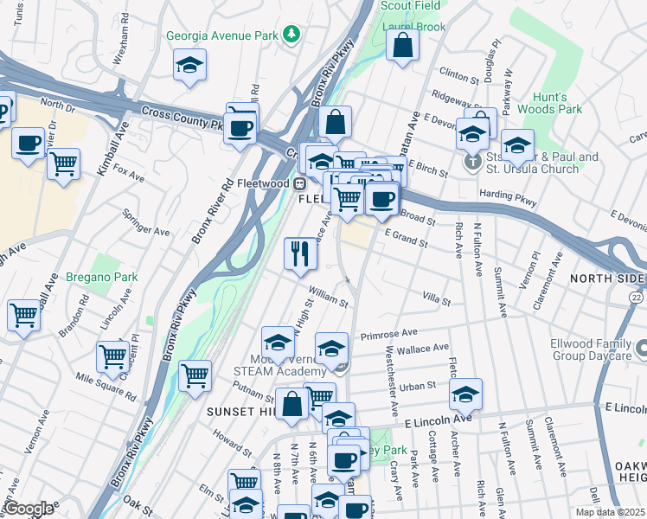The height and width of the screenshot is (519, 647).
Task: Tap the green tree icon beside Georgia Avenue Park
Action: [293, 35]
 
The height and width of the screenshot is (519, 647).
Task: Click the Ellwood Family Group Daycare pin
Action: [641, 349]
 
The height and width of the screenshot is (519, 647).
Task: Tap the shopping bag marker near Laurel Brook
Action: [403, 44]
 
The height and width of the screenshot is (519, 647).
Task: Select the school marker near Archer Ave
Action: [465, 394]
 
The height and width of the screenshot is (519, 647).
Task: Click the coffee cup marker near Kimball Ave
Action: [28, 143]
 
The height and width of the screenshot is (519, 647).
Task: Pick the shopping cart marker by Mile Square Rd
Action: [112, 356]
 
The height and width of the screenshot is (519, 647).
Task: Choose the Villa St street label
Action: [436, 300]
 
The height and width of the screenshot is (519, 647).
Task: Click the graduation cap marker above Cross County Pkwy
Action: [189, 66]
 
